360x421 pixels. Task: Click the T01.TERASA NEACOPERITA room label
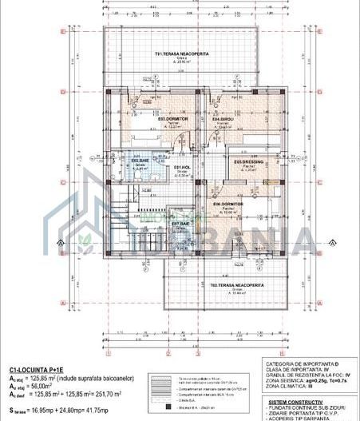click(181, 54)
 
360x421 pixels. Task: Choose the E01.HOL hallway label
click(181, 167)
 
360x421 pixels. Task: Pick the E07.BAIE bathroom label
click(180, 224)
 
